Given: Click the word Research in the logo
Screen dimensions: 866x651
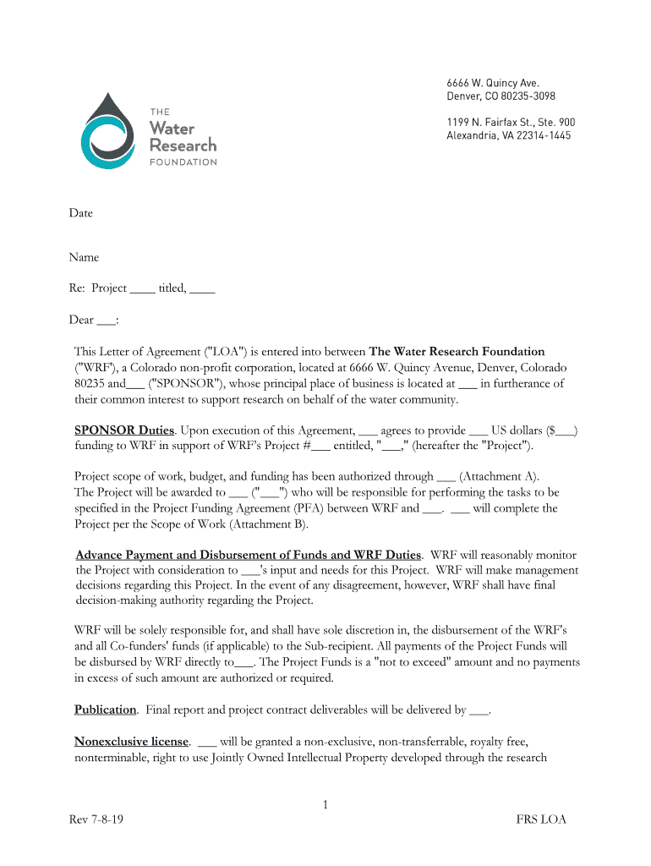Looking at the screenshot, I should tap(183, 145).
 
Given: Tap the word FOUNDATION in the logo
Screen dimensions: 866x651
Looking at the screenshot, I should tap(183, 162).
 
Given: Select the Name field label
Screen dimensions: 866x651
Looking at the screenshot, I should tap(84, 257).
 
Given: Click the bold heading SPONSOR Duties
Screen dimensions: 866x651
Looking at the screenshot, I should tap(124, 430).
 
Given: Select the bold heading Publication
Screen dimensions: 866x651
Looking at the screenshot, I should tap(105, 710).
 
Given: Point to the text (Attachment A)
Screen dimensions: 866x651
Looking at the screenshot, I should tap(499, 476).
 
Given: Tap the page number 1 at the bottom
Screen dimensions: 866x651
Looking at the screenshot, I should tap(325, 805).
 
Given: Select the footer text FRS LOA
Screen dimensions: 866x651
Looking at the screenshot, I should tap(541, 819).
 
